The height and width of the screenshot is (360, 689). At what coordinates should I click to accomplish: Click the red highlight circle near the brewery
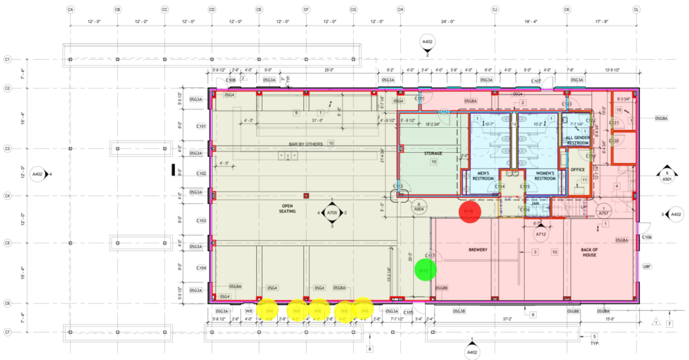[x=470, y=211]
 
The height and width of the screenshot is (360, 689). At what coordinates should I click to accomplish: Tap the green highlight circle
[x=425, y=271]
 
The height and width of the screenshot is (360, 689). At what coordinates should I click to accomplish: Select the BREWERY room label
[x=478, y=250]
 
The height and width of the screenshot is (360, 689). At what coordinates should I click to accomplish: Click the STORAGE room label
[x=433, y=153]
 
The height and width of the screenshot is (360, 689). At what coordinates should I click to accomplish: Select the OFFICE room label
[x=577, y=170]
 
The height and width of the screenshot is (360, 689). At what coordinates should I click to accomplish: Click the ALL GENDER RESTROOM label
[x=577, y=139]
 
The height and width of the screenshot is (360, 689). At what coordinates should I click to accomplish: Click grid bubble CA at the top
[x=71, y=10]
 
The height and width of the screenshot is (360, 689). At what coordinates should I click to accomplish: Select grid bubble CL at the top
[x=636, y=10]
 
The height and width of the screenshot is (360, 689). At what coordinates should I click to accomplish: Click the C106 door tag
[x=646, y=238]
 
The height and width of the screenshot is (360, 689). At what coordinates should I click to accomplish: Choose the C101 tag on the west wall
[x=201, y=126]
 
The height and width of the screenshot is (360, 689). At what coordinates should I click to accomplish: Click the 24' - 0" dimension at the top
[x=447, y=23]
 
